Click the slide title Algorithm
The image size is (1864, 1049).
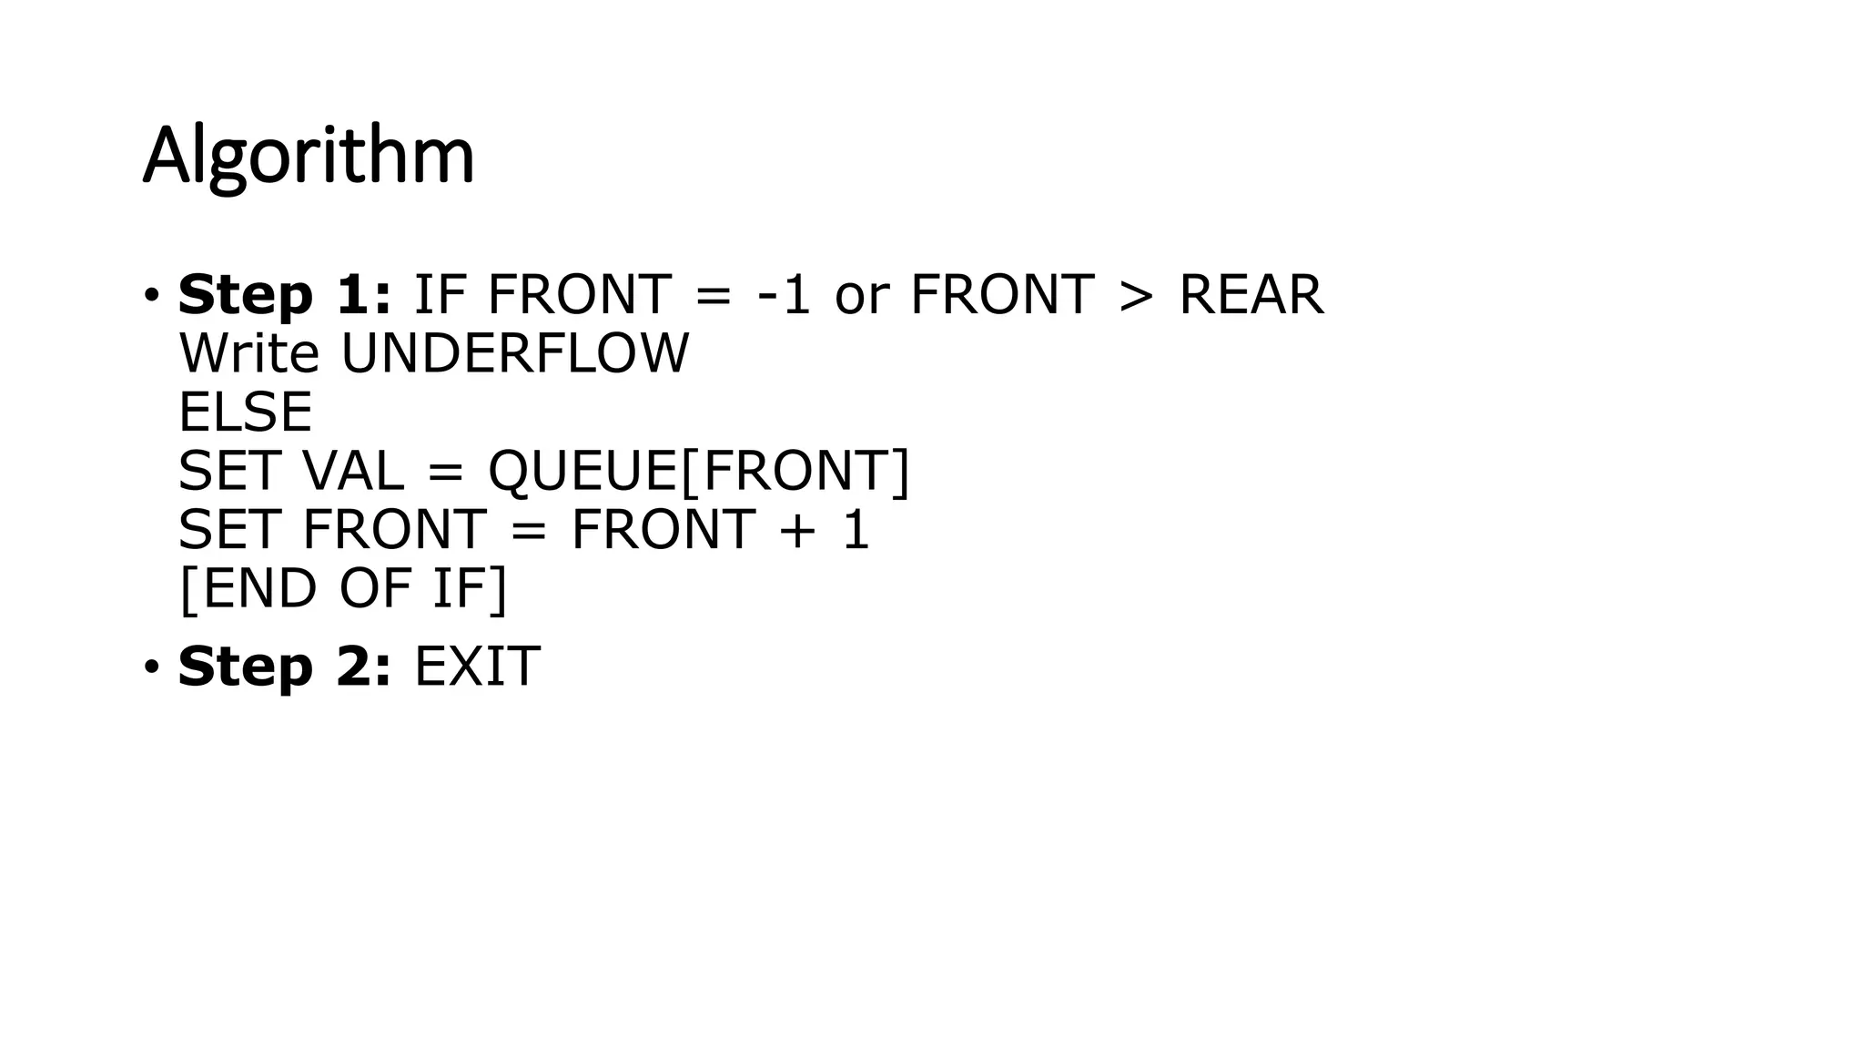tap(309, 156)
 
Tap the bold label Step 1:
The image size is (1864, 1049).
tap(284, 295)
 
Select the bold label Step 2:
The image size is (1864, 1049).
tap(284, 667)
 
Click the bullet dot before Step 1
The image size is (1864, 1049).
tap(151, 295)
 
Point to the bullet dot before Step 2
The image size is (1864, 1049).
tap(151, 667)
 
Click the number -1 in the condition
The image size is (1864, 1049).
tap(783, 295)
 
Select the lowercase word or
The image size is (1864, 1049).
tap(861, 297)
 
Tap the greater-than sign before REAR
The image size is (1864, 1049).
tap(1136, 295)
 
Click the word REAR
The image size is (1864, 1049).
tap(1251, 295)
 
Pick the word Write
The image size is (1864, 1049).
tap(249, 353)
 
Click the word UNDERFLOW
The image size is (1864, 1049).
tap(515, 353)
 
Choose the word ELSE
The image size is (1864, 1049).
tap(246, 412)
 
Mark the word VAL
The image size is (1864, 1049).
tap(353, 471)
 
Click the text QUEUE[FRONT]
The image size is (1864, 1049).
tap(699, 472)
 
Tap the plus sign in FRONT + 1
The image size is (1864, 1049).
tap(797, 531)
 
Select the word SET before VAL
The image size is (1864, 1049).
tap(228, 471)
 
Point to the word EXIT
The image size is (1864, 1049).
tap(477, 667)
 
